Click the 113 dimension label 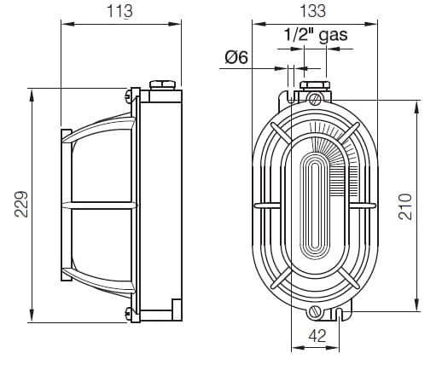[x=119, y=11]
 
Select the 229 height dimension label [x=21, y=204]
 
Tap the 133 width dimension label [x=313, y=11]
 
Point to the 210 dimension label [x=405, y=206]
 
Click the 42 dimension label [x=317, y=336]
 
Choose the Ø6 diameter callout [x=236, y=57]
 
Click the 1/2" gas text [x=316, y=35]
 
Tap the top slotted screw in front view [x=315, y=100]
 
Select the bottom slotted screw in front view [x=315, y=311]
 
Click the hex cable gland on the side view [x=162, y=85]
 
